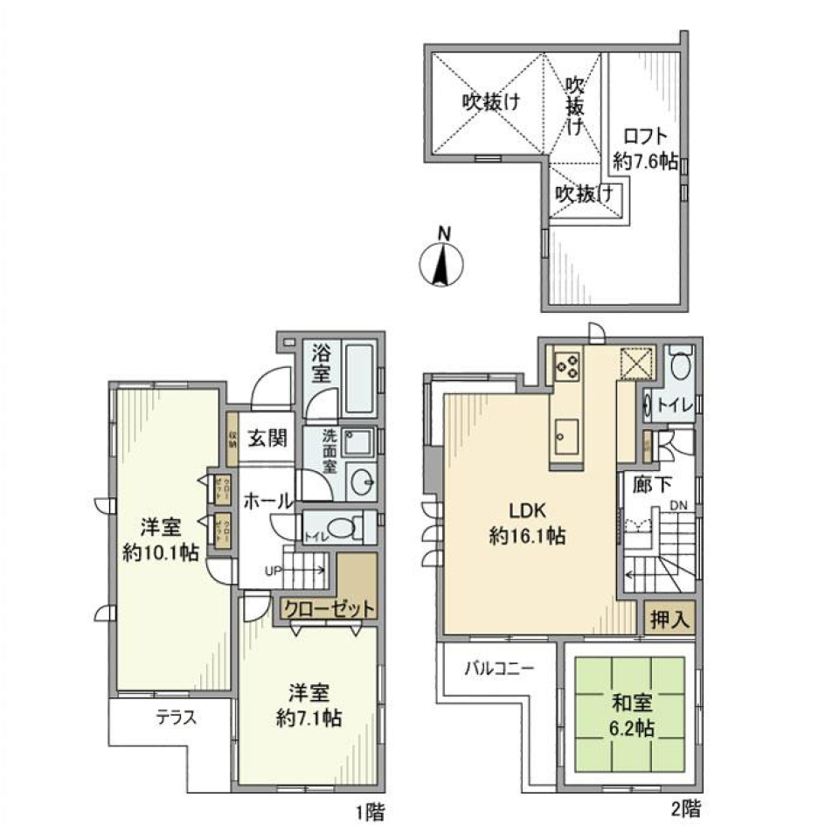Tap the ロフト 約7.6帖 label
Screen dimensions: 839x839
pos(646,149)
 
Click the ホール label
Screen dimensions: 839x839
pos(267,502)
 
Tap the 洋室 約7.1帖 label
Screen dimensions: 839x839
pos(309,705)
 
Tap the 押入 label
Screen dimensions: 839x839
pos(669,621)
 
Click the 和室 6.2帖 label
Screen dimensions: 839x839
pos(628,715)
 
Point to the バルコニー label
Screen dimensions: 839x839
pos(498,669)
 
